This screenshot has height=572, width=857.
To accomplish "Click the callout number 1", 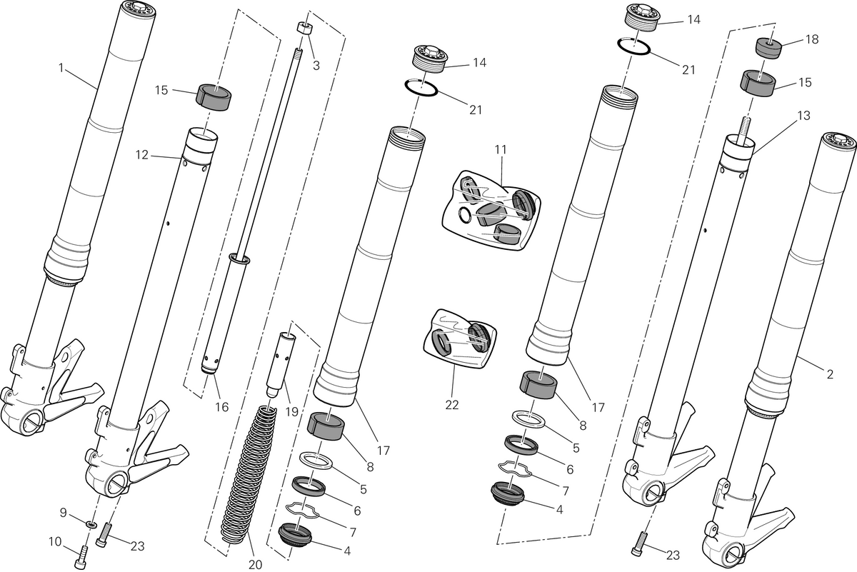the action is click(x=61, y=68).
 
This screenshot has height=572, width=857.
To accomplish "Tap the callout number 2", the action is click(x=829, y=373).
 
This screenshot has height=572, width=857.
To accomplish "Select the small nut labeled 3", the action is click(x=304, y=29).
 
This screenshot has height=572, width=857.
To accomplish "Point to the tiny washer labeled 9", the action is click(x=91, y=523).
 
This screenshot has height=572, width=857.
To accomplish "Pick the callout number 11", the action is click(x=501, y=149).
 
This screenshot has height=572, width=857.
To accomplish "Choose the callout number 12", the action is click(x=142, y=155).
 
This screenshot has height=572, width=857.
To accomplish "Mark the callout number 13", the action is click(x=804, y=116).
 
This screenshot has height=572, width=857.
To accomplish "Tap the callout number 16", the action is click(x=221, y=407).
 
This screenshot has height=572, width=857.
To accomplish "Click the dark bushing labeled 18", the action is click(x=768, y=48).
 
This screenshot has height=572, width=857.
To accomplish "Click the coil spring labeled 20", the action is click(x=249, y=474).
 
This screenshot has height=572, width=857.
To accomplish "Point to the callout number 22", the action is click(x=452, y=405).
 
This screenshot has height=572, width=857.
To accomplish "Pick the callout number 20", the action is click(x=255, y=565).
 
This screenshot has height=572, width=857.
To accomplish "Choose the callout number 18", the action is click(x=812, y=39).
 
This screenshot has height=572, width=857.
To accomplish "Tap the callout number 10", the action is click(x=55, y=542).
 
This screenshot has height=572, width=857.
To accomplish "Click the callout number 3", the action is click(x=316, y=66).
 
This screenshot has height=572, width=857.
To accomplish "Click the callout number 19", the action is click(x=291, y=412).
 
